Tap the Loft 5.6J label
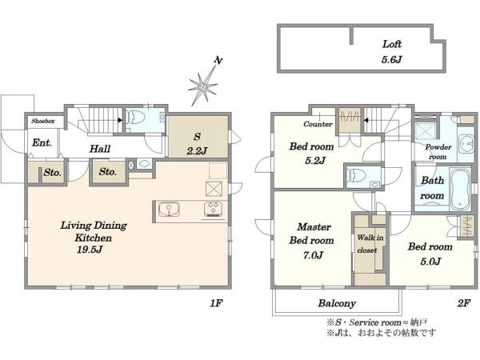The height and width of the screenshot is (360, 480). click(x=391, y=51)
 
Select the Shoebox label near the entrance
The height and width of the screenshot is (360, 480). click(x=43, y=122)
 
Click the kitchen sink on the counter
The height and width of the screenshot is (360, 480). click(x=169, y=210)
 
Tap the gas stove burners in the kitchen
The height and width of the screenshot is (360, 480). click(x=213, y=210)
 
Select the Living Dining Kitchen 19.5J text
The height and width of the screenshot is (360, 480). click(x=94, y=238)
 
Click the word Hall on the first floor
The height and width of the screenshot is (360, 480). click(x=100, y=149)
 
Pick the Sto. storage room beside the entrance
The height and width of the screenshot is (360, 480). click(x=52, y=173)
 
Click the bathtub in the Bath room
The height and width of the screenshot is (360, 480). click(x=461, y=189)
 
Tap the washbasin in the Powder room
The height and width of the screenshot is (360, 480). click(x=466, y=143)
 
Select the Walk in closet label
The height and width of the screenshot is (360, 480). click(x=370, y=244)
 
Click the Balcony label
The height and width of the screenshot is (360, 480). click(x=337, y=303)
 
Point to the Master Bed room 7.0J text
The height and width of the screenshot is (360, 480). click(x=312, y=241)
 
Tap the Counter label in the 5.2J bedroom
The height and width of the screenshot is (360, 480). click(x=318, y=124)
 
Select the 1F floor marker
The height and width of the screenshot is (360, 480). click(x=216, y=303)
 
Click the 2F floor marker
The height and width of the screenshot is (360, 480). click(x=463, y=303)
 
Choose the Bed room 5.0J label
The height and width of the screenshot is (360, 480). click(x=430, y=254)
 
